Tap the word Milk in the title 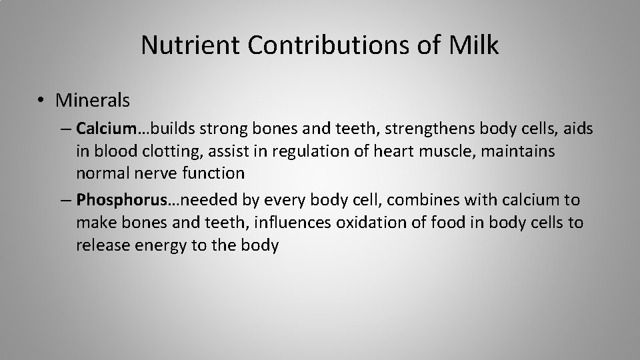475,45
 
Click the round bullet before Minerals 41,101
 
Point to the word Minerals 93,100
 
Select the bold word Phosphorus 113,199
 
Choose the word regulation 297,151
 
